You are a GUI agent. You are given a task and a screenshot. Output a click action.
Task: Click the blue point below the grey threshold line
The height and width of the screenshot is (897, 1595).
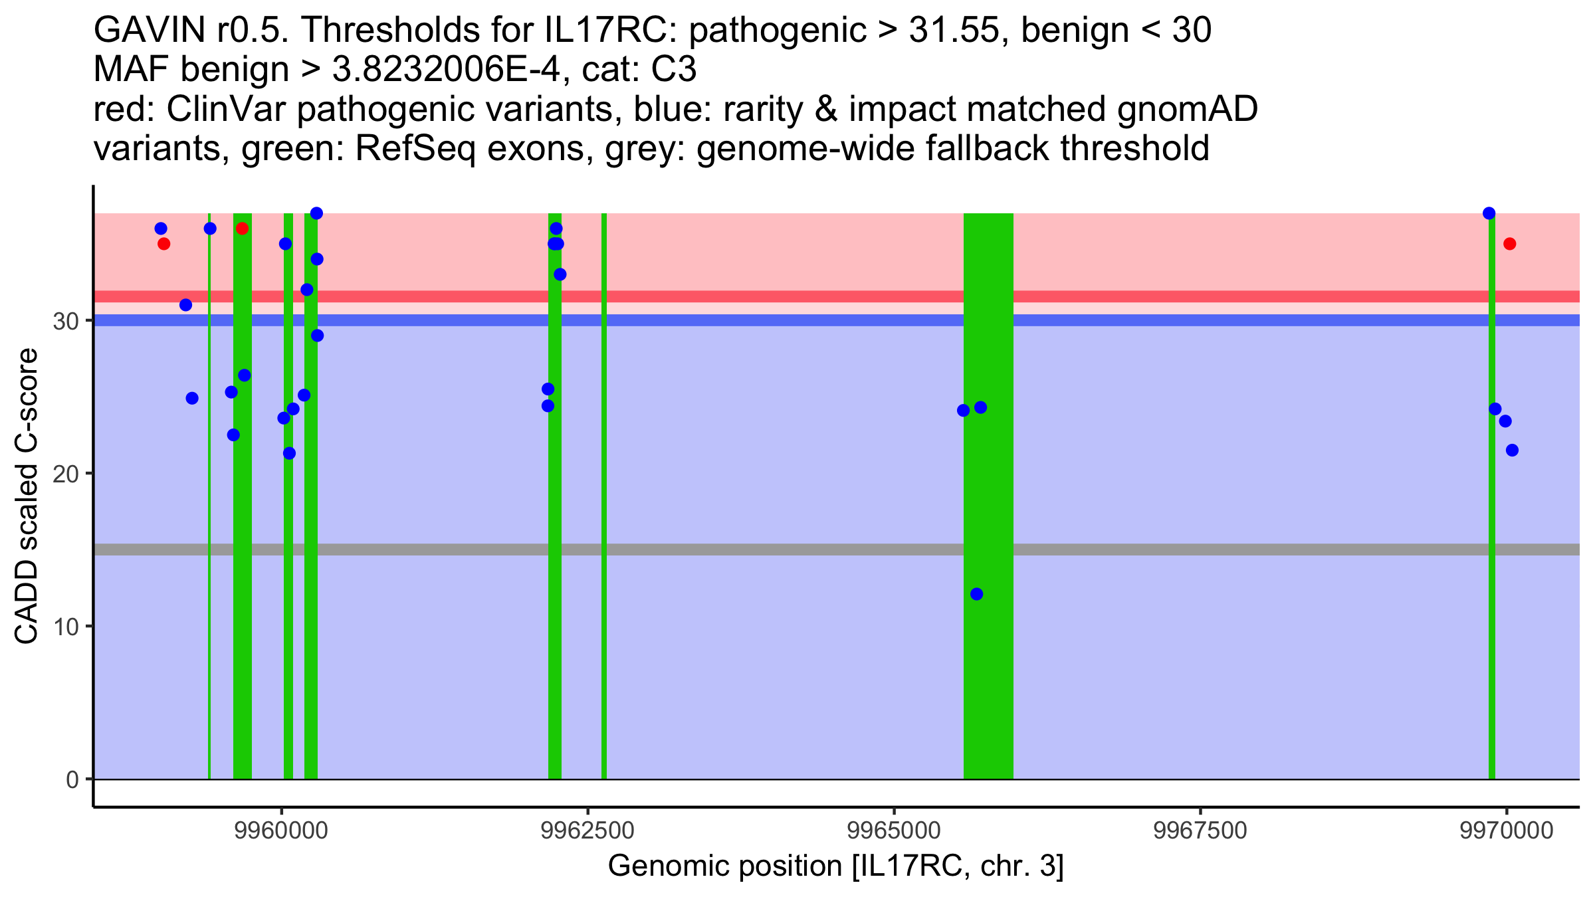[x=976, y=594]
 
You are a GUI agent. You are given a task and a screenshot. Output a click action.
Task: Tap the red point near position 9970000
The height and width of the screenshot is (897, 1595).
[x=1509, y=244]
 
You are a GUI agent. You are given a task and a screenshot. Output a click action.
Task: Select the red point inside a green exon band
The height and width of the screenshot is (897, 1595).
[x=242, y=229]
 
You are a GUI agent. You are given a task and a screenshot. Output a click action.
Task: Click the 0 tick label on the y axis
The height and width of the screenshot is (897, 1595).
[x=72, y=779]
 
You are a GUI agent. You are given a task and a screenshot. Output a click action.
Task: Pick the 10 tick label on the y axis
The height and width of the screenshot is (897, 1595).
[x=65, y=627]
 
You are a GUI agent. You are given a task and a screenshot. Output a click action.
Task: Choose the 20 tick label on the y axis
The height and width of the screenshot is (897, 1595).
[x=65, y=474]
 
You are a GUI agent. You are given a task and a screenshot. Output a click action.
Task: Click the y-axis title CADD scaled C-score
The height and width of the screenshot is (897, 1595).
[x=27, y=497]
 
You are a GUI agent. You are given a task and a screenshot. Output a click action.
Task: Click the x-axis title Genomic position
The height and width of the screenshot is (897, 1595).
[x=835, y=866]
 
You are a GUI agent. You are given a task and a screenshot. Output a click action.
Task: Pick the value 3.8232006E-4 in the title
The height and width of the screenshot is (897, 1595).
[x=445, y=70]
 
